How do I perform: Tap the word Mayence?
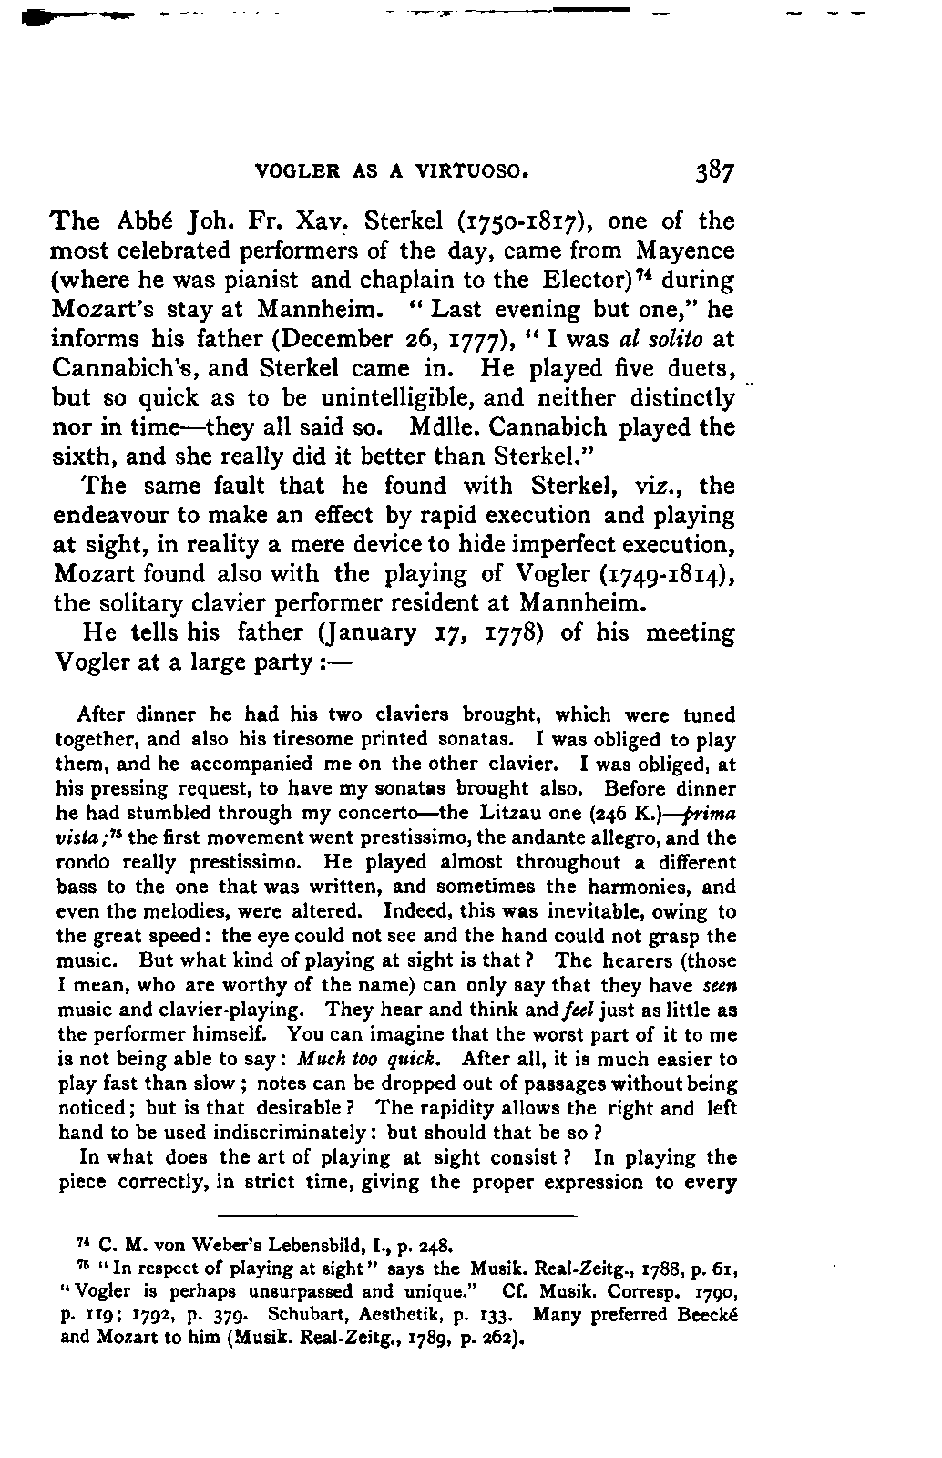(x=684, y=251)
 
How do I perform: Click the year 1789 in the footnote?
(x=447, y=1340)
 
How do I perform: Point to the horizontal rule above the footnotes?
(x=398, y=1217)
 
